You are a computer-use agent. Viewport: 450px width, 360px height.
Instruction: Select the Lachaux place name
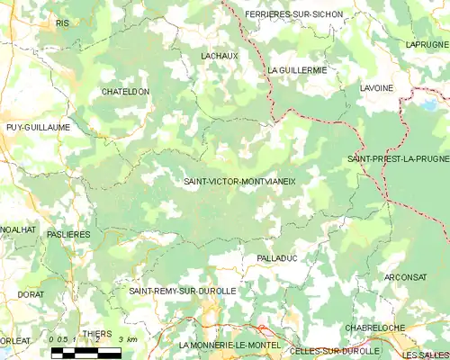tap(219, 56)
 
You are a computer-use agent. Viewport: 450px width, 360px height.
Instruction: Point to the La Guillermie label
tap(297, 69)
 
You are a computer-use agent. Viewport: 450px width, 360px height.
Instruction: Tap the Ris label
tap(62, 22)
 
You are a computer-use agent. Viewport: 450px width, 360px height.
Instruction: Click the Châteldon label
tap(125, 92)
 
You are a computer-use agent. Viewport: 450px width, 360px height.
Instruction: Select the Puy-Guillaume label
tap(38, 128)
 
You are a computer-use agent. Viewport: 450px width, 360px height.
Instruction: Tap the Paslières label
tap(69, 234)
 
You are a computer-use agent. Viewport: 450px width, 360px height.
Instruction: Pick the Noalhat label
tap(18, 229)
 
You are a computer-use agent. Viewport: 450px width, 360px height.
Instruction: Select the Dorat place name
tap(30, 294)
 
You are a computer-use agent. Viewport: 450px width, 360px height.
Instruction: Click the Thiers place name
tap(97, 334)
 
